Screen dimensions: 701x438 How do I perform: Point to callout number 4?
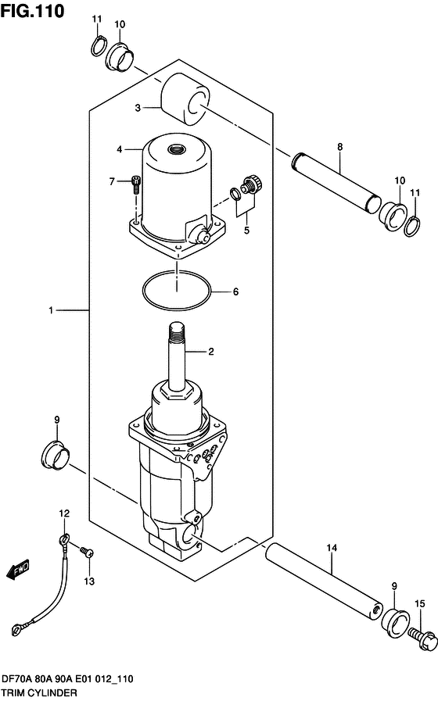(120, 149)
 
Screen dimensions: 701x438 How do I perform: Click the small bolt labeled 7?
(137, 184)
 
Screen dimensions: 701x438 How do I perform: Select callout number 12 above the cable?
(64, 513)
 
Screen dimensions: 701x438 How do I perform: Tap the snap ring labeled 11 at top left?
(98, 46)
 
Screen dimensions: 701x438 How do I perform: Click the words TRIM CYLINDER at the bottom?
(39, 693)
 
